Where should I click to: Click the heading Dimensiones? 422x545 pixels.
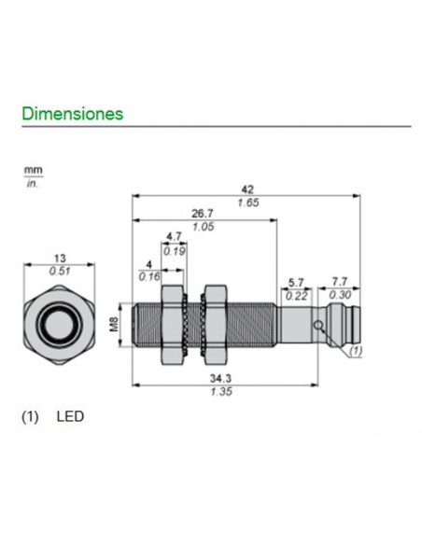[72, 114]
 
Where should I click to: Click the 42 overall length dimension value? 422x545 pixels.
[246, 188]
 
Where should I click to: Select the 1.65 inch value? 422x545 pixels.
[246, 202]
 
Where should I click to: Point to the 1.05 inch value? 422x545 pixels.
[204, 227]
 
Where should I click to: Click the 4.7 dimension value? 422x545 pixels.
[174, 237]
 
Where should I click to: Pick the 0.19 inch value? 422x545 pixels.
[174, 250]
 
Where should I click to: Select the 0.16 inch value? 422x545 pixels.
[149, 276]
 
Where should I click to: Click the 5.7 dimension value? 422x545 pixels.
[296, 281]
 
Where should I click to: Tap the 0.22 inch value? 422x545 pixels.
[296, 295]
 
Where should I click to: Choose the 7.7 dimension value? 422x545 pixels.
[340, 281]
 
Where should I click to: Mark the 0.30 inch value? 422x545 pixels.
[340, 295]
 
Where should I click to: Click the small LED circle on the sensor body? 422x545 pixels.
[320, 326]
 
